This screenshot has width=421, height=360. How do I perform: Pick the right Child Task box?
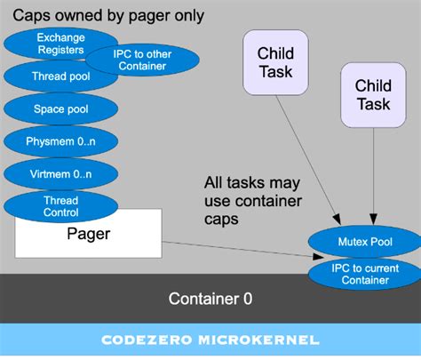point(372,94)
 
